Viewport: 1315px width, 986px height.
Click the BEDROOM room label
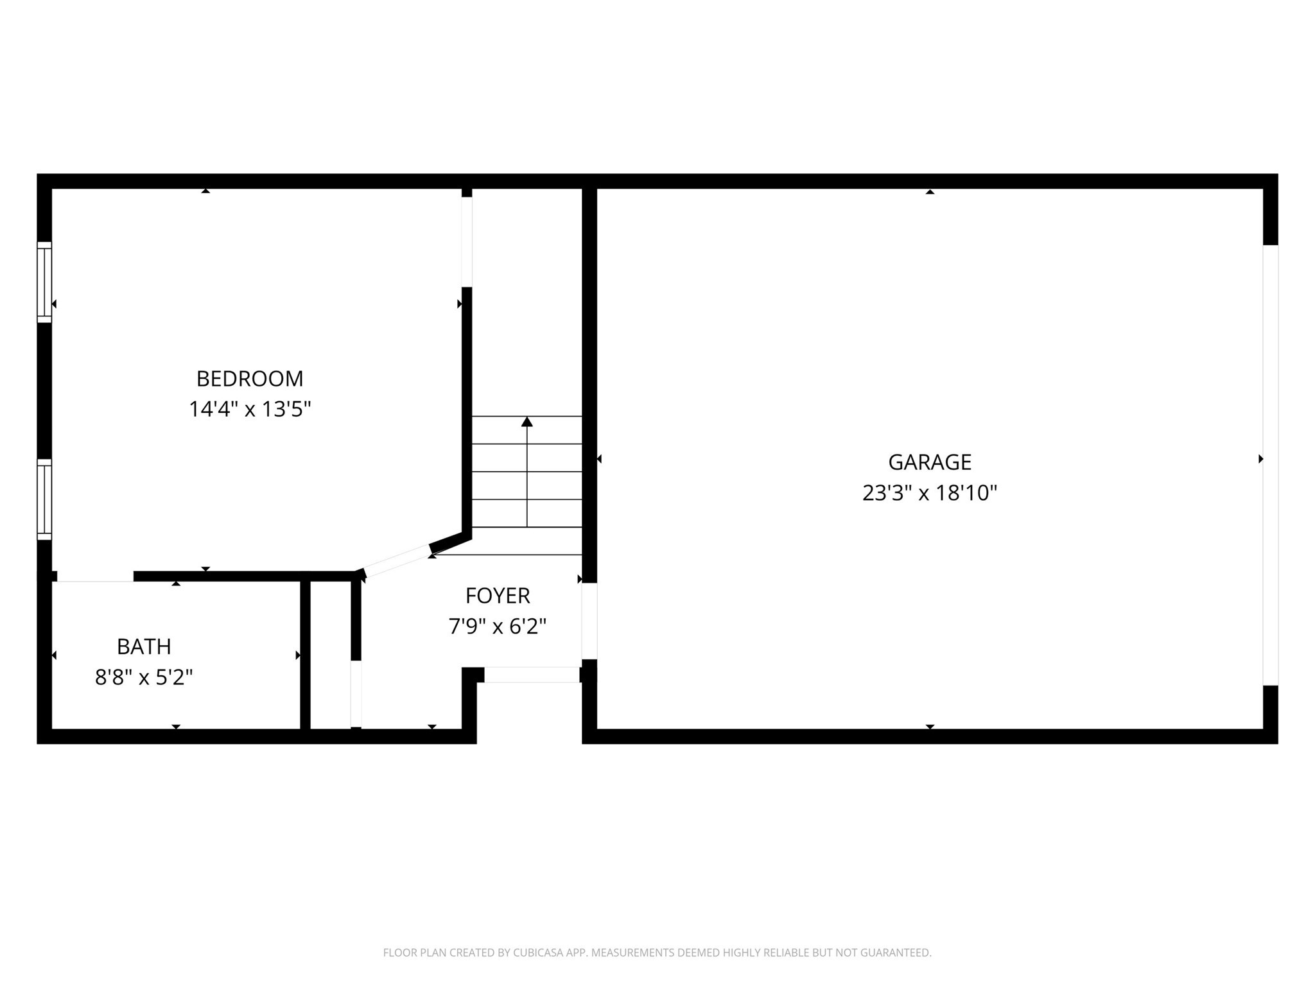point(249,379)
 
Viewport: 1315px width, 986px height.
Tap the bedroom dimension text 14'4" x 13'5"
point(249,409)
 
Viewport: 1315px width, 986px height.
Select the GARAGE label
point(929,462)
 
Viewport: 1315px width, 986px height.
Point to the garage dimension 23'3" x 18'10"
point(929,493)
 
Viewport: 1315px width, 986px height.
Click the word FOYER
point(498,596)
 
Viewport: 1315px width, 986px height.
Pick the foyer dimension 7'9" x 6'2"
point(498,626)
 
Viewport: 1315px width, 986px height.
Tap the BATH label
point(144,646)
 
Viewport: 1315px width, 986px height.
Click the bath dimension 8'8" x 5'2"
point(144,677)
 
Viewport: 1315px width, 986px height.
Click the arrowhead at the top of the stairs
point(527,422)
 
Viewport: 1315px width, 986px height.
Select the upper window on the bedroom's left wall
point(44,282)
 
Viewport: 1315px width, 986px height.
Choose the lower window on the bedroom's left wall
point(44,499)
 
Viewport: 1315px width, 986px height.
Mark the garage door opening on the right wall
point(1270,465)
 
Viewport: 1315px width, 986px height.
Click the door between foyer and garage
point(589,621)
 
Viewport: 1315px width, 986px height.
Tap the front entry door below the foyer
point(532,675)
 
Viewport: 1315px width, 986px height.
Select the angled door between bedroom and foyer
point(397,561)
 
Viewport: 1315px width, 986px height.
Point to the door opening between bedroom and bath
point(95,576)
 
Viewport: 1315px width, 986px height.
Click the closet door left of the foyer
point(356,694)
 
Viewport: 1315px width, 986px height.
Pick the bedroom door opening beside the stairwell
point(467,241)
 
